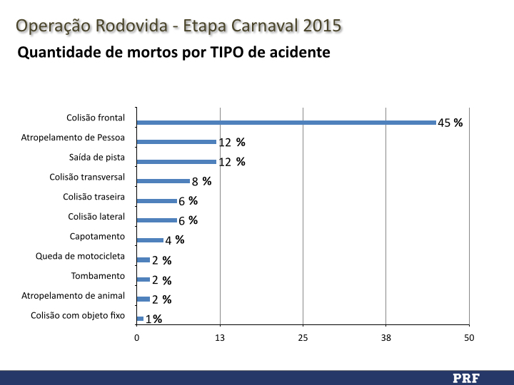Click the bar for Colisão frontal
[x=286, y=123]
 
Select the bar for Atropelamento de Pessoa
[x=176, y=142]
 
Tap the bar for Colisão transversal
[x=163, y=181]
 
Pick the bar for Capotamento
[x=150, y=240]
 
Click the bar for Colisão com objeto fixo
[x=140, y=319]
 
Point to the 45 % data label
[x=450, y=123]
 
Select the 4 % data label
[x=175, y=240]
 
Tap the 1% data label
[x=153, y=319]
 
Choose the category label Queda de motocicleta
[x=81, y=256]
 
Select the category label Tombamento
[x=98, y=276]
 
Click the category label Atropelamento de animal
[x=74, y=295]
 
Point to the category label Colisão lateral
[x=96, y=217]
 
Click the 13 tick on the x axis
[x=220, y=337]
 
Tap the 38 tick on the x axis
[x=386, y=337]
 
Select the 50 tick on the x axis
[x=469, y=337]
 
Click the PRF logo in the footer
[x=465, y=377]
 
